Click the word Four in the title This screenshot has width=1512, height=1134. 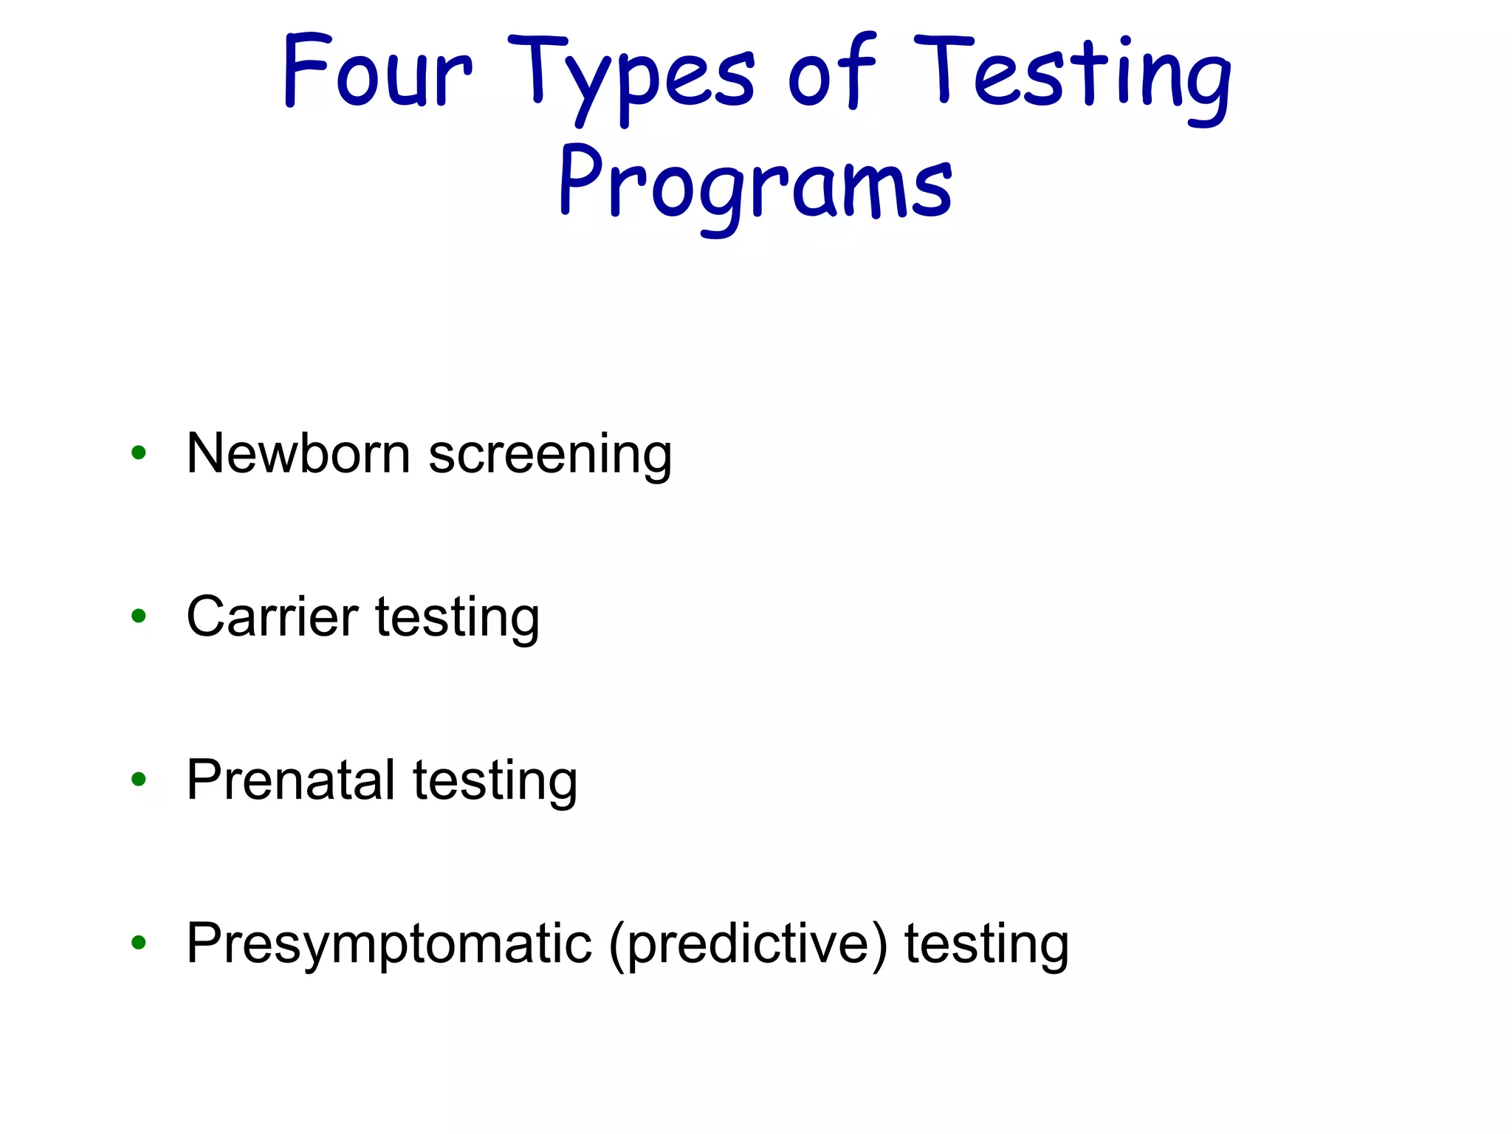(x=377, y=72)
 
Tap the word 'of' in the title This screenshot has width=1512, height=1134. (x=831, y=72)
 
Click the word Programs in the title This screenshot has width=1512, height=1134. (x=755, y=185)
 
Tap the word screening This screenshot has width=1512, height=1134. (x=550, y=456)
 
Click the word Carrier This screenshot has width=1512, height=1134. (x=272, y=616)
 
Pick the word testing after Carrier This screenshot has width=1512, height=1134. (x=458, y=619)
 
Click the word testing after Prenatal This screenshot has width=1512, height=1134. (x=495, y=782)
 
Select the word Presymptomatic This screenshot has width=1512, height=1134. (x=389, y=945)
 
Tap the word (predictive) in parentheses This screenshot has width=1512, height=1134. (x=748, y=945)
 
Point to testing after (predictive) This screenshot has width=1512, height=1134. (x=987, y=945)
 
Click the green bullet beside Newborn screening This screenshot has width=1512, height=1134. (x=138, y=453)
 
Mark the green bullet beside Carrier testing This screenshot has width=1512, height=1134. (x=138, y=616)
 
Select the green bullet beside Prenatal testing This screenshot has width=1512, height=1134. (x=138, y=779)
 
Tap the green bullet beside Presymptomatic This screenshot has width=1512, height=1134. (x=138, y=942)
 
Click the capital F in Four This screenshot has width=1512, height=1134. (x=306, y=70)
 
